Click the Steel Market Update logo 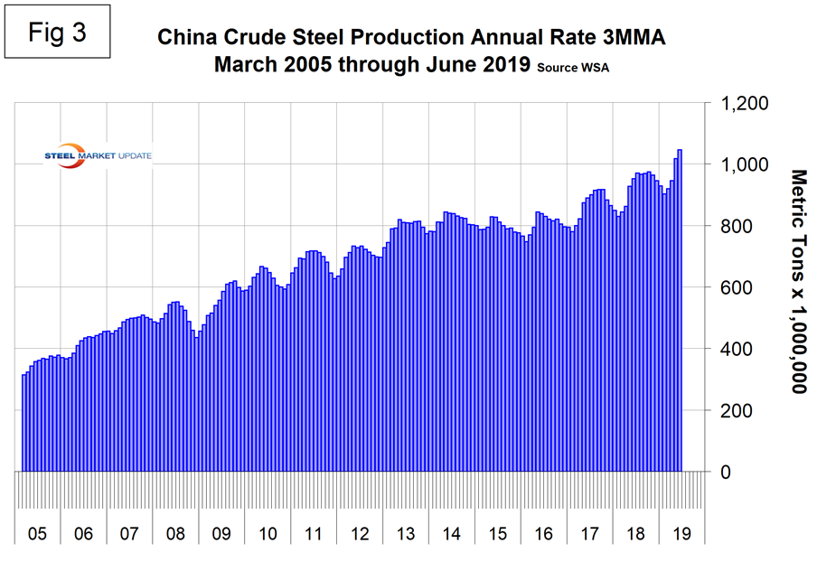click(x=99, y=155)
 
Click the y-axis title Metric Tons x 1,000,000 click(x=798, y=281)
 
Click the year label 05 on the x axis click(x=37, y=533)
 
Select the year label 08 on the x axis click(x=175, y=533)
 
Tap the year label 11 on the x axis click(x=314, y=533)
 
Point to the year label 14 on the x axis click(x=452, y=533)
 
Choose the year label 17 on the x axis click(x=589, y=533)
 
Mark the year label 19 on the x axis click(x=681, y=533)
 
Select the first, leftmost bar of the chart click(x=24, y=423)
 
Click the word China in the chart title click(x=184, y=38)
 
